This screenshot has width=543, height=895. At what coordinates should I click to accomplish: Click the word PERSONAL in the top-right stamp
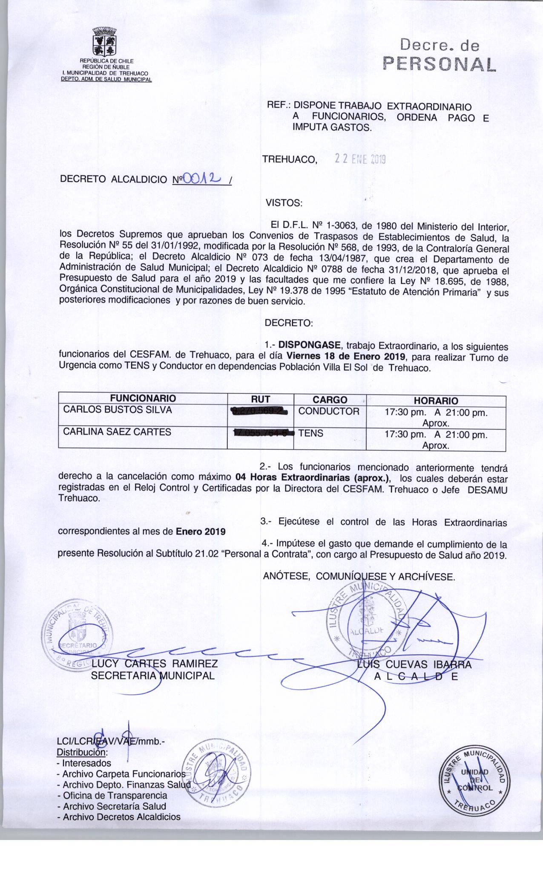tap(440, 64)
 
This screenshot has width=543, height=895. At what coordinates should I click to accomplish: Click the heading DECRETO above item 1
tap(289, 323)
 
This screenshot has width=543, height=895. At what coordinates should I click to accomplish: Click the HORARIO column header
tap(436, 401)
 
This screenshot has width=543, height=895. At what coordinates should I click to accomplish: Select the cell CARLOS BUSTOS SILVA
tap(118, 410)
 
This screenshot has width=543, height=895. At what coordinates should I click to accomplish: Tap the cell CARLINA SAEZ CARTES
tap(117, 432)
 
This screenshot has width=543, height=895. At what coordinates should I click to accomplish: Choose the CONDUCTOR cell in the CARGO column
tap(329, 411)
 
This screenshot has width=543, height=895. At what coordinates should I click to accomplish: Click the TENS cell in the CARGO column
tap(311, 433)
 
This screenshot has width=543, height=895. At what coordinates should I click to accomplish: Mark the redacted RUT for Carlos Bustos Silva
tap(259, 412)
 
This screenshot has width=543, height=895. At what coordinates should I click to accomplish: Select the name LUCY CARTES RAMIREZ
tap(155, 664)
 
